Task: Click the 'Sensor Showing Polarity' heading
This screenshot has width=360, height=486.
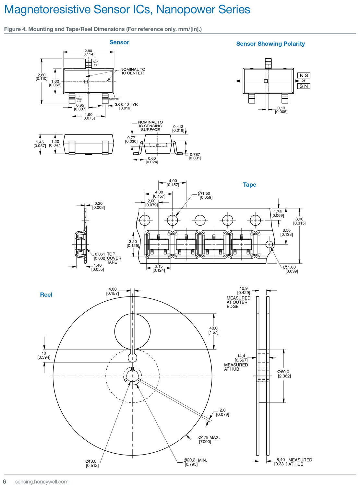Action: [270, 44]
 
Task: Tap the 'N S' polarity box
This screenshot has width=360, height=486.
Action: [304, 75]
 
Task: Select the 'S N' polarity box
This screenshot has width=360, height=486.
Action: [304, 86]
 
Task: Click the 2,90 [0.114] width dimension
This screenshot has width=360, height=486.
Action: [88, 52]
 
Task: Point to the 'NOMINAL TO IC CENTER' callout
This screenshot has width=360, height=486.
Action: [133, 71]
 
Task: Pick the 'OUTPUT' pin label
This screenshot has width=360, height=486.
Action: [114, 99]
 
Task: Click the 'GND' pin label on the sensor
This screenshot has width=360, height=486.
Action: [95, 62]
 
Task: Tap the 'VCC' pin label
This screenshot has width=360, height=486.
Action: [79, 99]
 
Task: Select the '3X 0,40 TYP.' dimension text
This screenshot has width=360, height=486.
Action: [126, 104]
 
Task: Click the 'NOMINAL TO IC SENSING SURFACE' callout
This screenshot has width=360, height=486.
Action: [150, 126]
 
